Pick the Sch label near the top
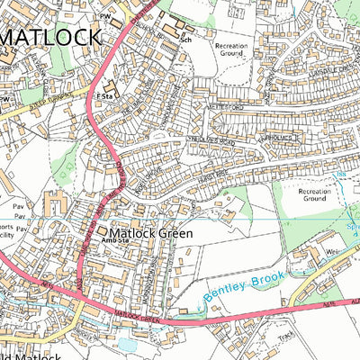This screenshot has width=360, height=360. click(x=187, y=40)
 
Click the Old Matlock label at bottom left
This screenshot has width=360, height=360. click(x=31, y=355)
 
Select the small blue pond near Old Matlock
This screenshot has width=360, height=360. click(x=126, y=343)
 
